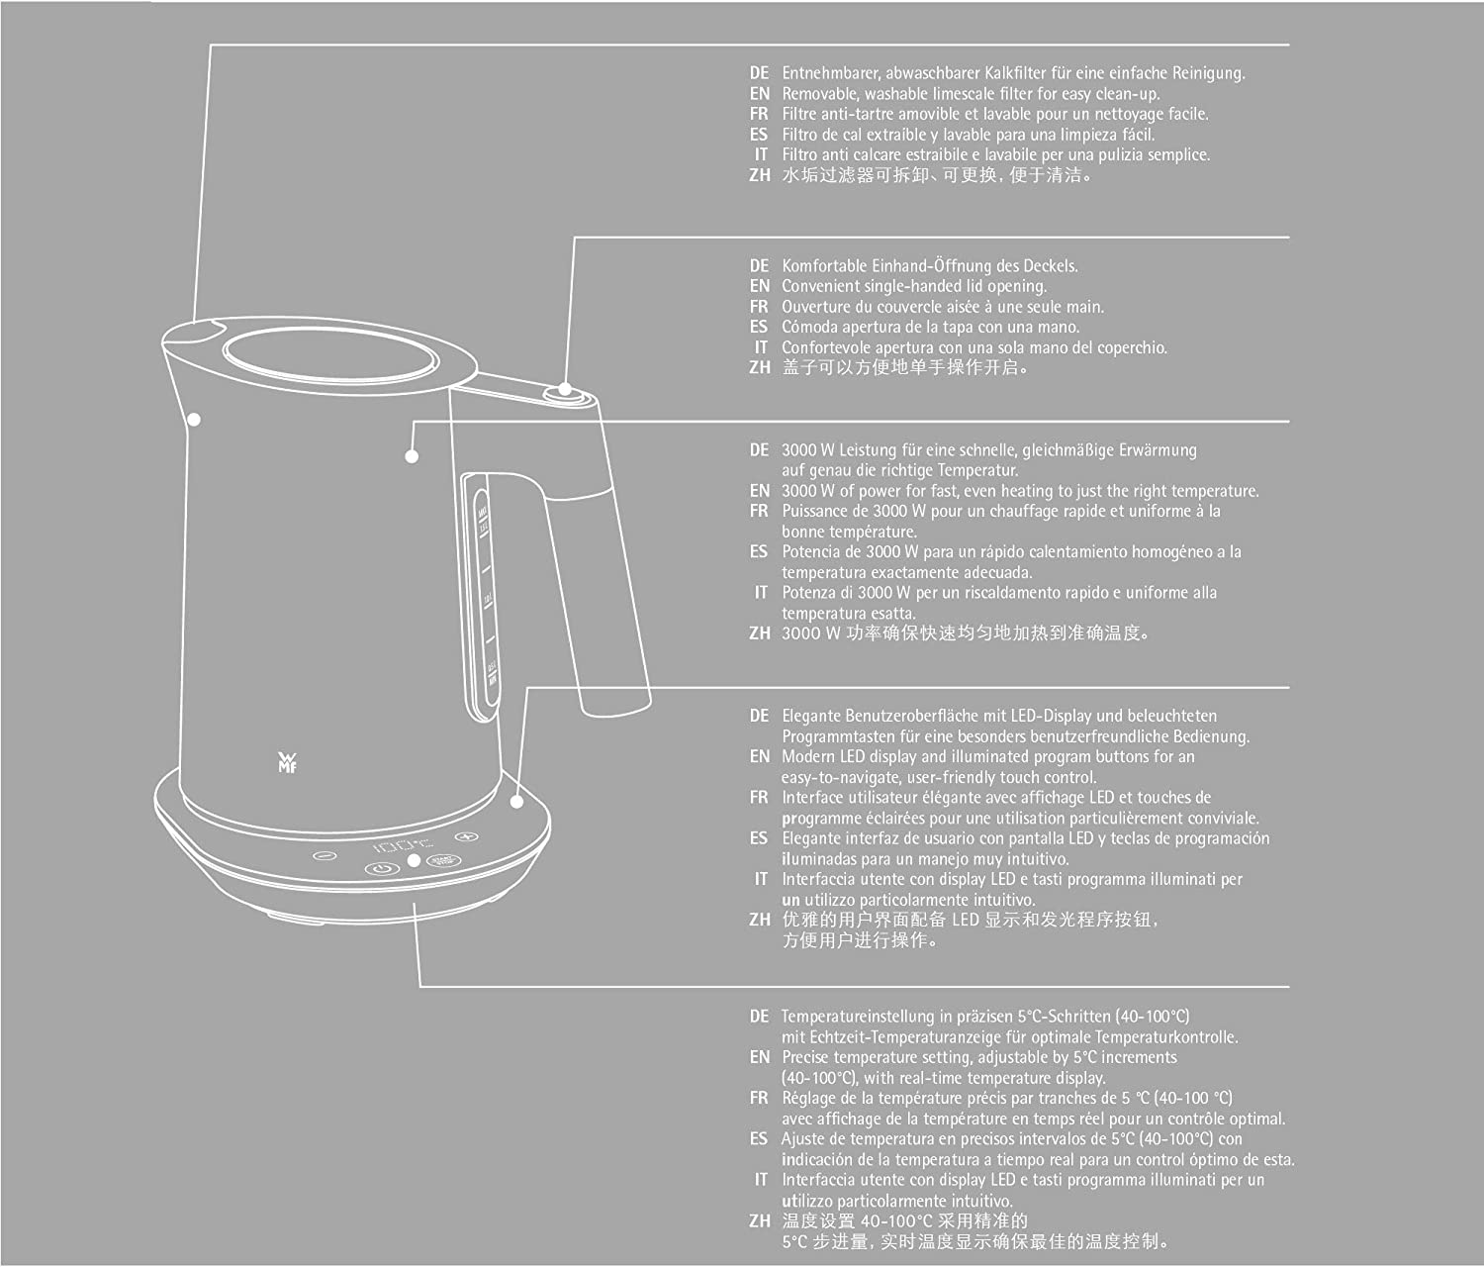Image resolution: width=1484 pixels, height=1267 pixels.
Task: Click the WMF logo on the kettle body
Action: coord(287,763)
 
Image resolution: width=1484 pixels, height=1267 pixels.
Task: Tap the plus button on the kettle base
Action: coord(467,836)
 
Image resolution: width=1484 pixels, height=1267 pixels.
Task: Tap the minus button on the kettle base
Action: coord(325,855)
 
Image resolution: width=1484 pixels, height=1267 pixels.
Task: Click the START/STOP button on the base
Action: coord(443,860)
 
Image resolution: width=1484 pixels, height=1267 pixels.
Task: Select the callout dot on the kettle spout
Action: coord(194,420)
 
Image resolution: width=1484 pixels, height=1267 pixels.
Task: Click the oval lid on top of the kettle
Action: coord(330,355)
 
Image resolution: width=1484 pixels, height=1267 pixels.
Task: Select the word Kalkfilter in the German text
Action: coord(1015,72)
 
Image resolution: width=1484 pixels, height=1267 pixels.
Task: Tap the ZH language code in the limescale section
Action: coord(760,175)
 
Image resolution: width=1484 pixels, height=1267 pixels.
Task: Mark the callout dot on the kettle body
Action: coord(412,456)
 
